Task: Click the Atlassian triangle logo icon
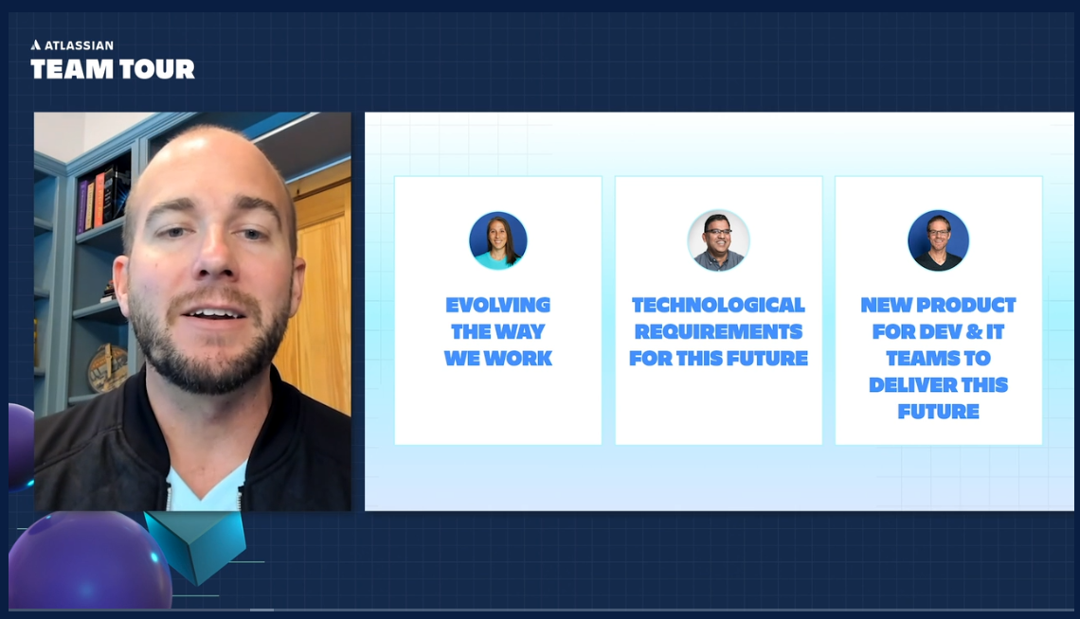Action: (x=36, y=44)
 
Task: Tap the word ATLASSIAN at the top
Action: (x=79, y=44)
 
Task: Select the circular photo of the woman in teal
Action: (x=497, y=240)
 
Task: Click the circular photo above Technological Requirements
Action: (x=718, y=240)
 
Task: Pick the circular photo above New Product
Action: (x=938, y=240)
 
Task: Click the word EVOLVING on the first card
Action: (x=497, y=305)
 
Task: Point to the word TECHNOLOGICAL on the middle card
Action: (x=718, y=305)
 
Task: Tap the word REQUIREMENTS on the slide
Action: (x=718, y=331)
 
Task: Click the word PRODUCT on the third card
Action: (x=964, y=305)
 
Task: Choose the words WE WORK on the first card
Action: (x=497, y=358)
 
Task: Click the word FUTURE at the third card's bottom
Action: (x=938, y=411)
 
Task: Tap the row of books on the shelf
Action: (x=103, y=195)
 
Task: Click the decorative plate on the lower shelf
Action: (x=107, y=367)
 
